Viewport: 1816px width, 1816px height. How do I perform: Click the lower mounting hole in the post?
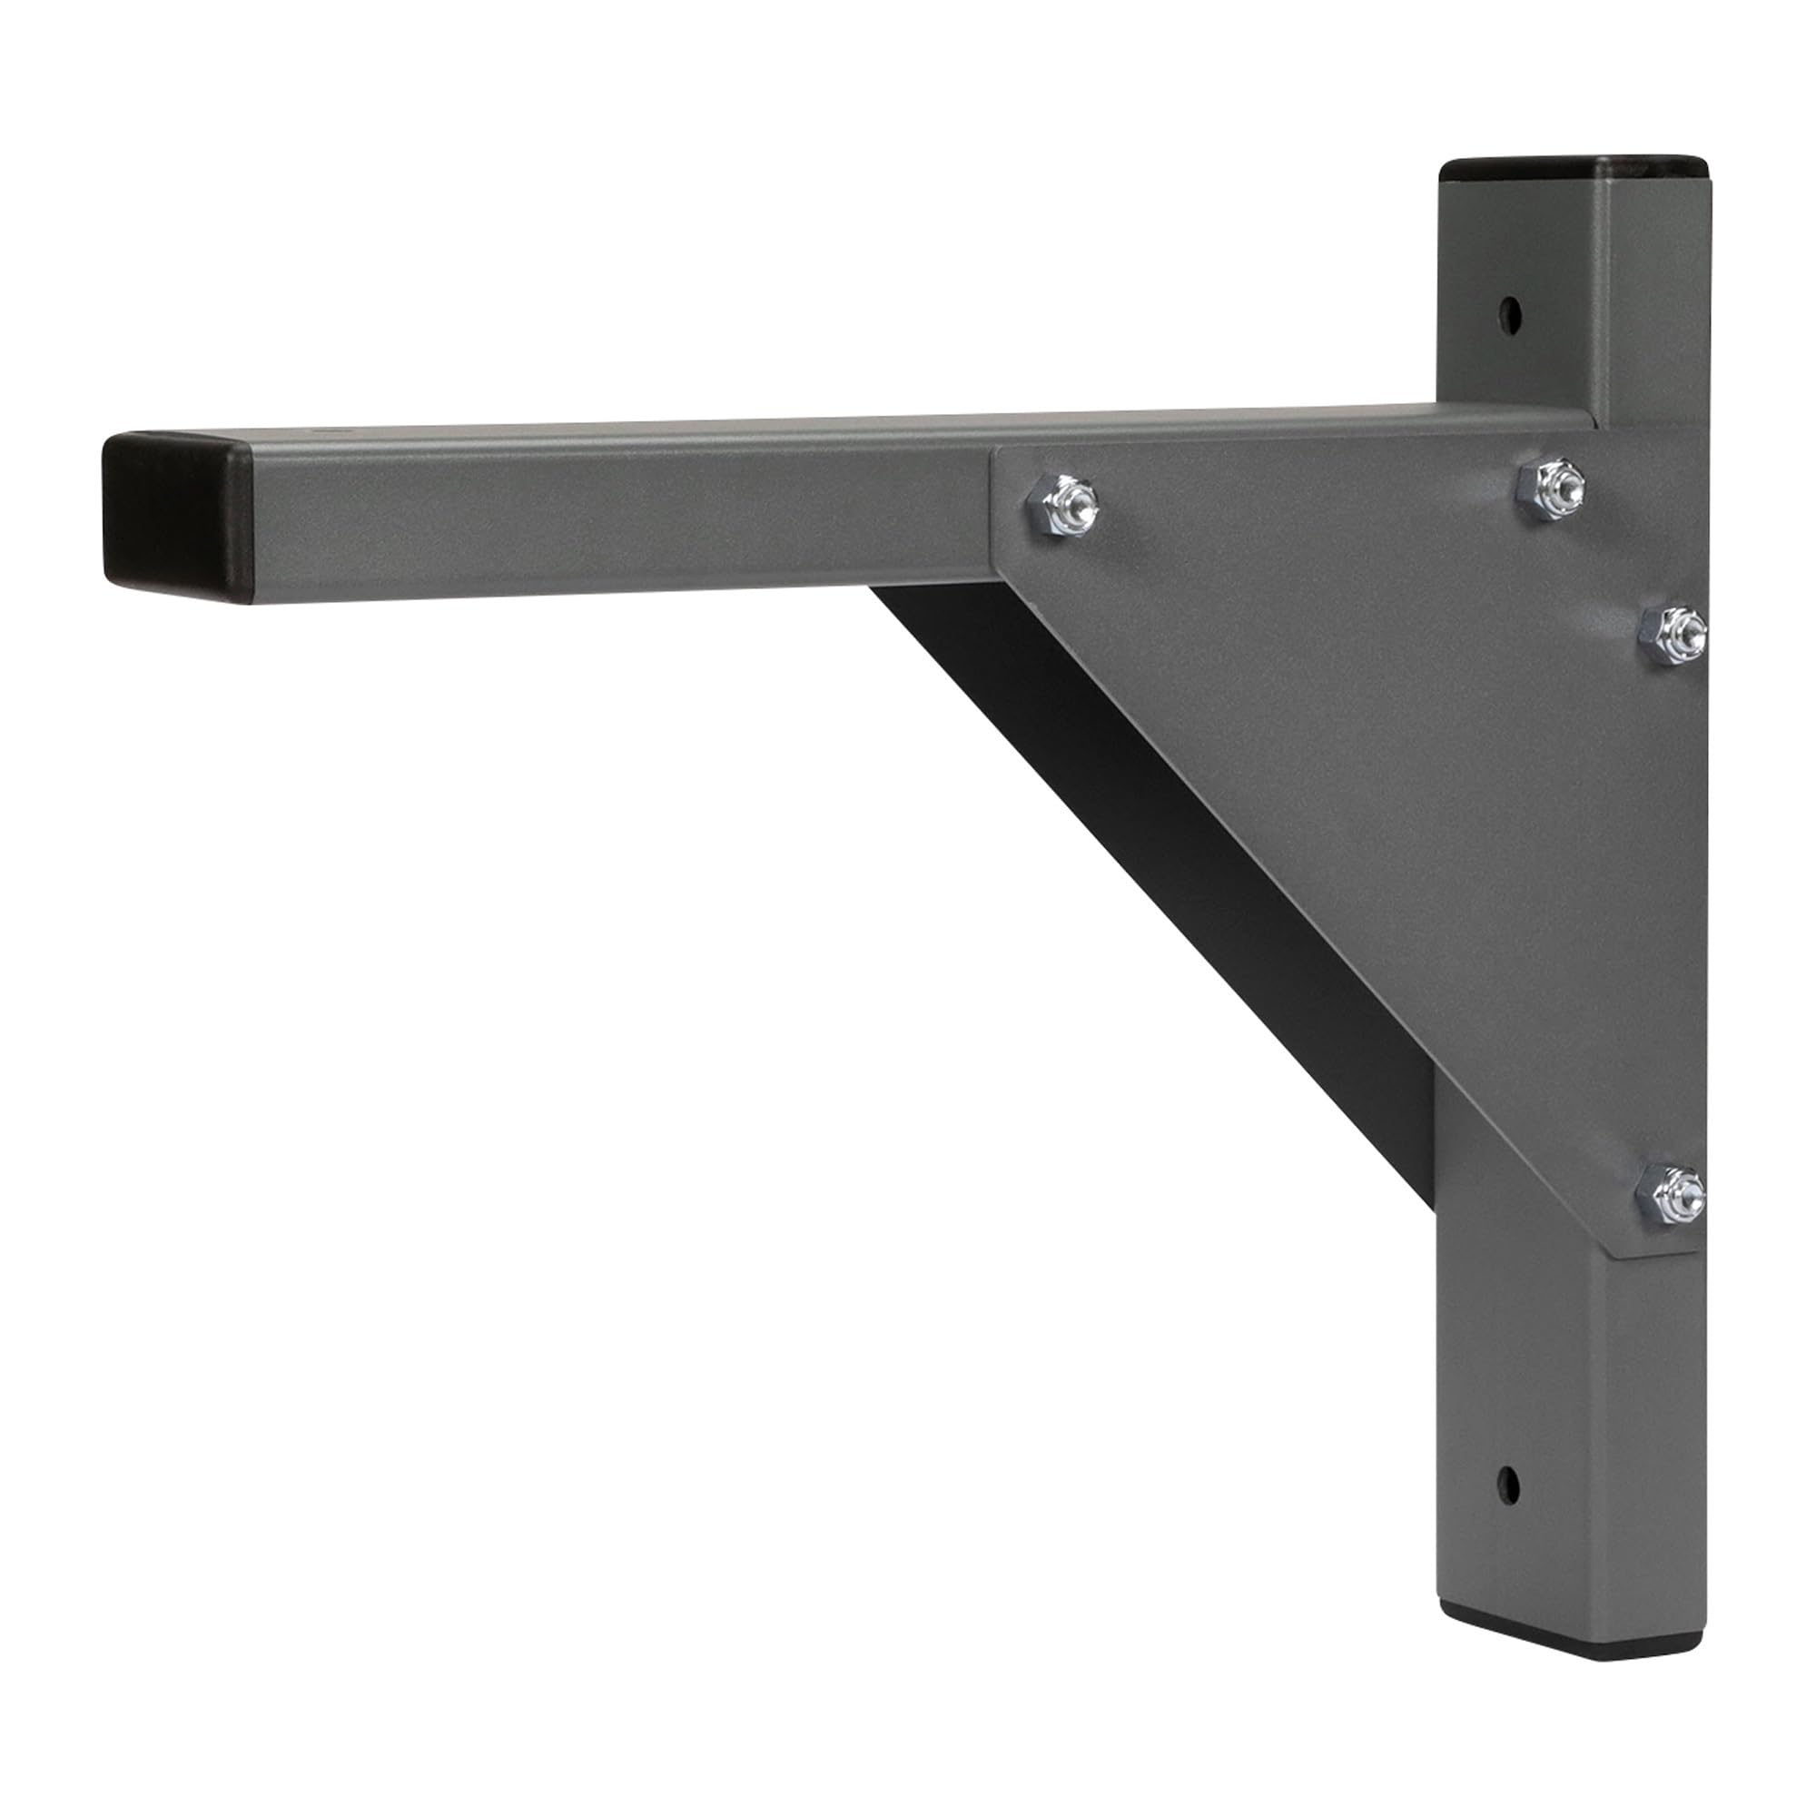pyautogui.click(x=1507, y=1485)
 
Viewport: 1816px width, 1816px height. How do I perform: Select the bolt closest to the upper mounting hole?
pyautogui.click(x=1550, y=487)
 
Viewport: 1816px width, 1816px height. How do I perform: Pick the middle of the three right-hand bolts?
pyautogui.click(x=1673, y=635)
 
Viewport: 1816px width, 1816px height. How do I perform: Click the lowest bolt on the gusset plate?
pyautogui.click(x=1671, y=1195)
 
